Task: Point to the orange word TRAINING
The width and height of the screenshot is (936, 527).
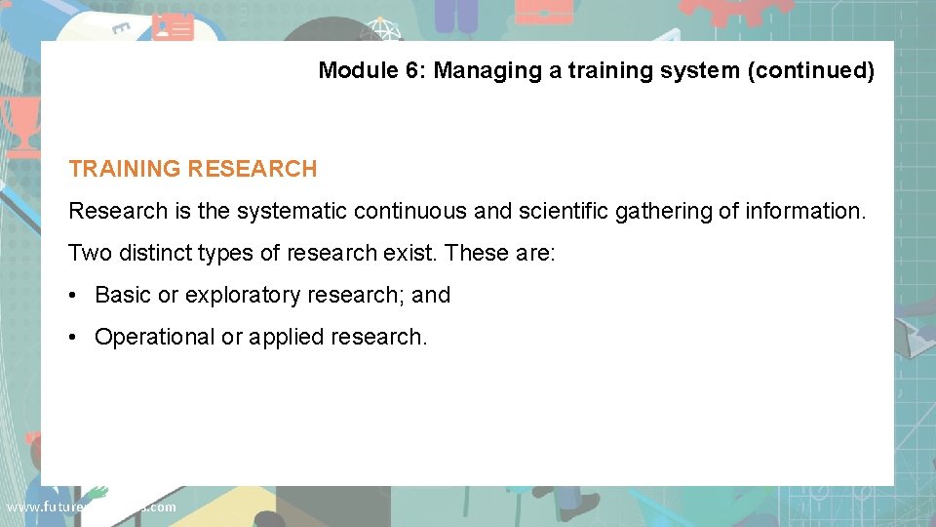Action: tap(125, 169)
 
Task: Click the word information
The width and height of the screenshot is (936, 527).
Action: tap(803, 211)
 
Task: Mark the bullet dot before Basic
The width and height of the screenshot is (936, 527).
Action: tap(74, 295)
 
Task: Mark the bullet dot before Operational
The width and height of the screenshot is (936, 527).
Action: tap(74, 337)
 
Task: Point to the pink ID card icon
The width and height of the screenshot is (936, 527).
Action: tap(173, 26)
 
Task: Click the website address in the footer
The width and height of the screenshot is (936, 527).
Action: tap(91, 507)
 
